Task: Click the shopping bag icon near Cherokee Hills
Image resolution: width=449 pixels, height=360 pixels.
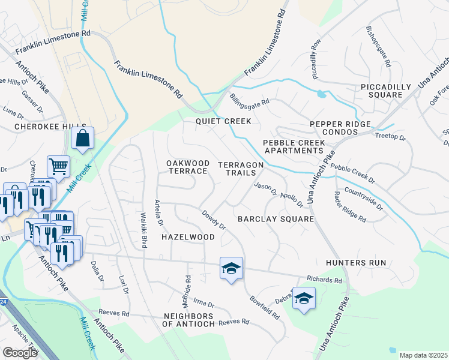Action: [82, 137]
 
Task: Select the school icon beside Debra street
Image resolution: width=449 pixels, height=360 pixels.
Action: [304, 298]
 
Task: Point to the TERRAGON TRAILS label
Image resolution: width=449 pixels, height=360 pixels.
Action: [240, 169]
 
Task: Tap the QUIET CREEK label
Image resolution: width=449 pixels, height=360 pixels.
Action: [223, 121]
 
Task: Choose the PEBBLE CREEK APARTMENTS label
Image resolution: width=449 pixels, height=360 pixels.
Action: [294, 147]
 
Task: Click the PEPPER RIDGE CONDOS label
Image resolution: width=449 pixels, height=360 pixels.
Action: [341, 128]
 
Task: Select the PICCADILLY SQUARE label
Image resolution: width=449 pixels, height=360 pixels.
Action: [386, 91]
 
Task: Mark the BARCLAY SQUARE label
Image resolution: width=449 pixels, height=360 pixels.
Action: [276, 219]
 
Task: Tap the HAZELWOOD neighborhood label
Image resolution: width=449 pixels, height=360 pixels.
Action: [188, 237]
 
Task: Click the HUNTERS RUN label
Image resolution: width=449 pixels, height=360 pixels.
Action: [356, 263]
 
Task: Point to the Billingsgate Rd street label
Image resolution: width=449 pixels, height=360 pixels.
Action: [250, 99]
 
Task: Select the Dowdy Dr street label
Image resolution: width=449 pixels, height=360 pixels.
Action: [213, 220]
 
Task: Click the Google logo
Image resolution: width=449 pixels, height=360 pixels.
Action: [20, 353]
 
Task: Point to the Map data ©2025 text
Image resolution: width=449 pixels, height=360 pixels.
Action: [423, 355]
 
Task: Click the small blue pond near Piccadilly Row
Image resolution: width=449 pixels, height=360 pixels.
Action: [322, 94]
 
